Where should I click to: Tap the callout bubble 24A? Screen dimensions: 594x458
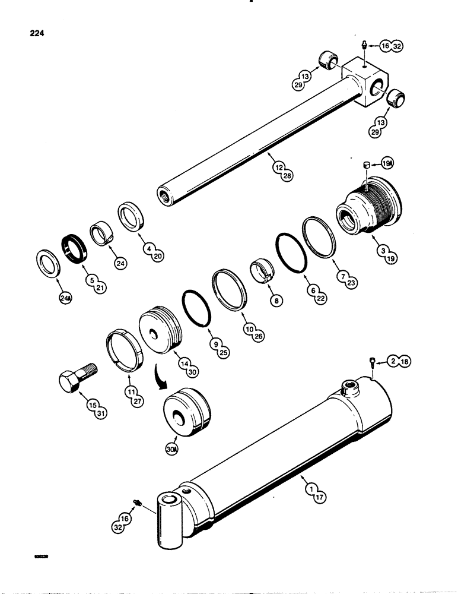(x=63, y=299)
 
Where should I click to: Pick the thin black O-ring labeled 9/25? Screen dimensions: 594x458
(x=197, y=307)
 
